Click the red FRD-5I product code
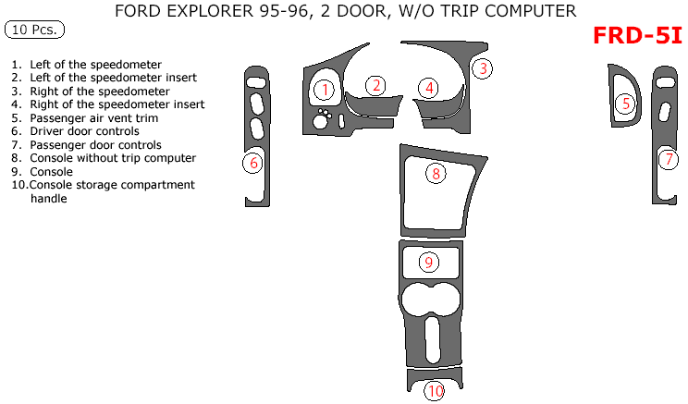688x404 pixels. tap(637, 36)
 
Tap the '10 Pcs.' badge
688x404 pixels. tap(34, 30)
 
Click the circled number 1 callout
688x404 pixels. tap(325, 90)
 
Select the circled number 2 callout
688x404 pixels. tap(375, 86)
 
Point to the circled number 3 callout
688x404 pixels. tap(483, 67)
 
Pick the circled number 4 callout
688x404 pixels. tap(428, 88)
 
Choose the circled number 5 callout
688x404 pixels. tap(626, 104)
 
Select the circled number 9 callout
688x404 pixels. tap(428, 262)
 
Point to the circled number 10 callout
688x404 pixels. tap(435, 391)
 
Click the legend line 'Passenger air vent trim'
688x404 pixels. tap(93, 118)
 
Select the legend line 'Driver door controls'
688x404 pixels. tap(84, 131)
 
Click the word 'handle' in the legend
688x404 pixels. tap(48, 198)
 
